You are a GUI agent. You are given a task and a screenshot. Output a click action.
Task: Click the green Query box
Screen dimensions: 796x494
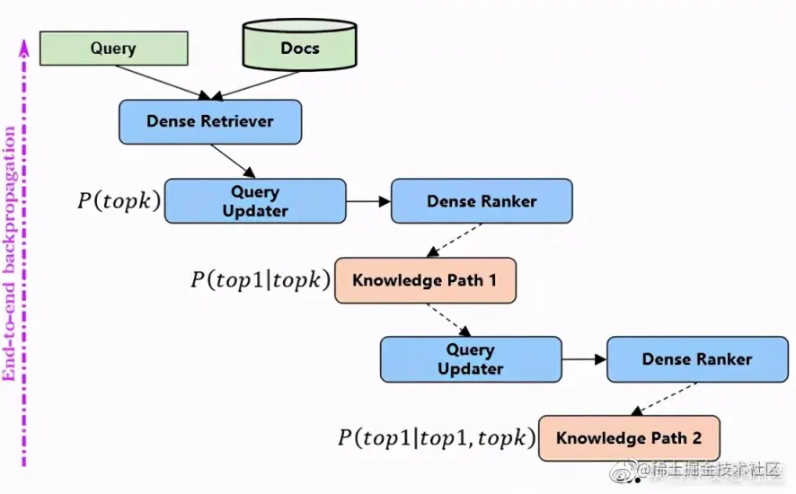coord(114,49)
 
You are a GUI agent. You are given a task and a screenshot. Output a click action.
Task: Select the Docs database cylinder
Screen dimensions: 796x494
coord(299,45)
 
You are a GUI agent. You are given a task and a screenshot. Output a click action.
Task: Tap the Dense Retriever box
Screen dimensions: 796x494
coord(210,122)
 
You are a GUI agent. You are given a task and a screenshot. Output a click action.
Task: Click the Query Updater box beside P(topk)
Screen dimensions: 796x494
coord(255,201)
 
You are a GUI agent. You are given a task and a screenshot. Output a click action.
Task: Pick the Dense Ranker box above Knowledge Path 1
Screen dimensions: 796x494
coord(482,201)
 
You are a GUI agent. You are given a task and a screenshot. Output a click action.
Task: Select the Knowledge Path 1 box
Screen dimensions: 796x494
coord(426,280)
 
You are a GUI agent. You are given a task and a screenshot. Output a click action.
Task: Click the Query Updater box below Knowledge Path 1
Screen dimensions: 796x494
coord(471,359)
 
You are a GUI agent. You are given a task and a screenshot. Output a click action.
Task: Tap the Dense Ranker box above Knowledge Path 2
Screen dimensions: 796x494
coord(697,359)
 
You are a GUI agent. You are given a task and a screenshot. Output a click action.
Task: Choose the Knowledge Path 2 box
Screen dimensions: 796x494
coord(629,438)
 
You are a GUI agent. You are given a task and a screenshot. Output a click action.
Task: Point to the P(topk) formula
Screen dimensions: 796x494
coord(119,201)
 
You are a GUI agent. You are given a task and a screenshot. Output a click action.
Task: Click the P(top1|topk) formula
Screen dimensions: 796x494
coord(261,280)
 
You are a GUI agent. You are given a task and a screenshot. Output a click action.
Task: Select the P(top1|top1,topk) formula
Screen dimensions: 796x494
coord(437,438)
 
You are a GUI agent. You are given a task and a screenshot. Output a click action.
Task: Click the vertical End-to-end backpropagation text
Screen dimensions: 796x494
coord(9,254)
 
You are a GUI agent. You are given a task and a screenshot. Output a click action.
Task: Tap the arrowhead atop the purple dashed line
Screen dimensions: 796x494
coord(24,48)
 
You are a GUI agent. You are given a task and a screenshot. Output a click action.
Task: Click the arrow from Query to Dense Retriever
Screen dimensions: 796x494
coord(163,83)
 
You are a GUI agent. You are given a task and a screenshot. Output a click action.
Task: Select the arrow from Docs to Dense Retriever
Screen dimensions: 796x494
coord(255,84)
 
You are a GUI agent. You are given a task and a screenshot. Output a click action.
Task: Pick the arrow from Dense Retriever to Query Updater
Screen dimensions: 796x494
coord(233,162)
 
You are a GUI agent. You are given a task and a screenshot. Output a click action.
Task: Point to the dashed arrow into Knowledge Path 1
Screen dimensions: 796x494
coord(454,240)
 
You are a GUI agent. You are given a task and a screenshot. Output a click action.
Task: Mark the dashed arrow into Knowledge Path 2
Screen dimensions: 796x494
coord(664,399)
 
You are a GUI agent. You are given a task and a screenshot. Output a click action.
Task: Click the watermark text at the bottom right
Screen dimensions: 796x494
coord(709,471)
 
